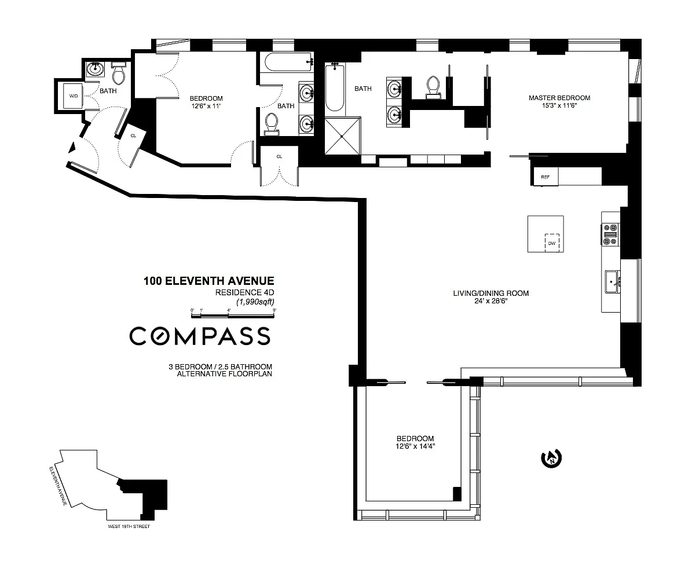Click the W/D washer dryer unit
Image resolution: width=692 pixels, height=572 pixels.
click(74, 96)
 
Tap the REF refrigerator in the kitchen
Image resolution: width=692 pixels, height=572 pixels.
click(545, 177)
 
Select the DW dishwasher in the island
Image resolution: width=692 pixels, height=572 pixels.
click(552, 243)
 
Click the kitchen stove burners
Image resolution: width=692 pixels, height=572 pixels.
click(611, 234)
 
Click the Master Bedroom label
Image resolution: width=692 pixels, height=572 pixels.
click(559, 97)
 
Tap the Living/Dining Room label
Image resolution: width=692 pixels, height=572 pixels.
click(490, 293)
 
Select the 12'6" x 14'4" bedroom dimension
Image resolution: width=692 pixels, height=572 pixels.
click(415, 446)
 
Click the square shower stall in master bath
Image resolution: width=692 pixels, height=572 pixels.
click(343, 136)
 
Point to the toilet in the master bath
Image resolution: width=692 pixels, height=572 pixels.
click(433, 87)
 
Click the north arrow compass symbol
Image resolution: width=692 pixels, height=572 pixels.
click(551, 459)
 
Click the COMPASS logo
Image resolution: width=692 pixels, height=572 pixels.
click(200, 336)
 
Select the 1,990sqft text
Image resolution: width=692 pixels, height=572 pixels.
click(255, 302)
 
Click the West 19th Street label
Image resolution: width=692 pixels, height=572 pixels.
click(129, 526)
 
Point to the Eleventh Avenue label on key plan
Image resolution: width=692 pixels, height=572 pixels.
click(58, 486)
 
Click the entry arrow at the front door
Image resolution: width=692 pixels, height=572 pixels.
click(72, 148)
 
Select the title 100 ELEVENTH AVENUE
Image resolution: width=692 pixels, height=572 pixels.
click(208, 281)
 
